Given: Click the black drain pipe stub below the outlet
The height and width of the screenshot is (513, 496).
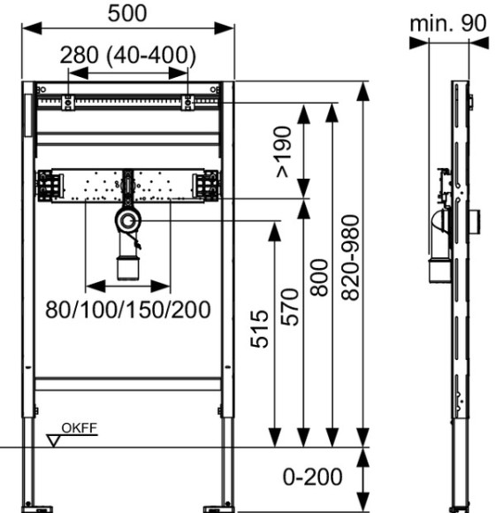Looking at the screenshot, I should pyautogui.click(x=128, y=264).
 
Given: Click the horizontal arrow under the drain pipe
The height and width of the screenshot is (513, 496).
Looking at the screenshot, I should pyautogui.click(x=128, y=286).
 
